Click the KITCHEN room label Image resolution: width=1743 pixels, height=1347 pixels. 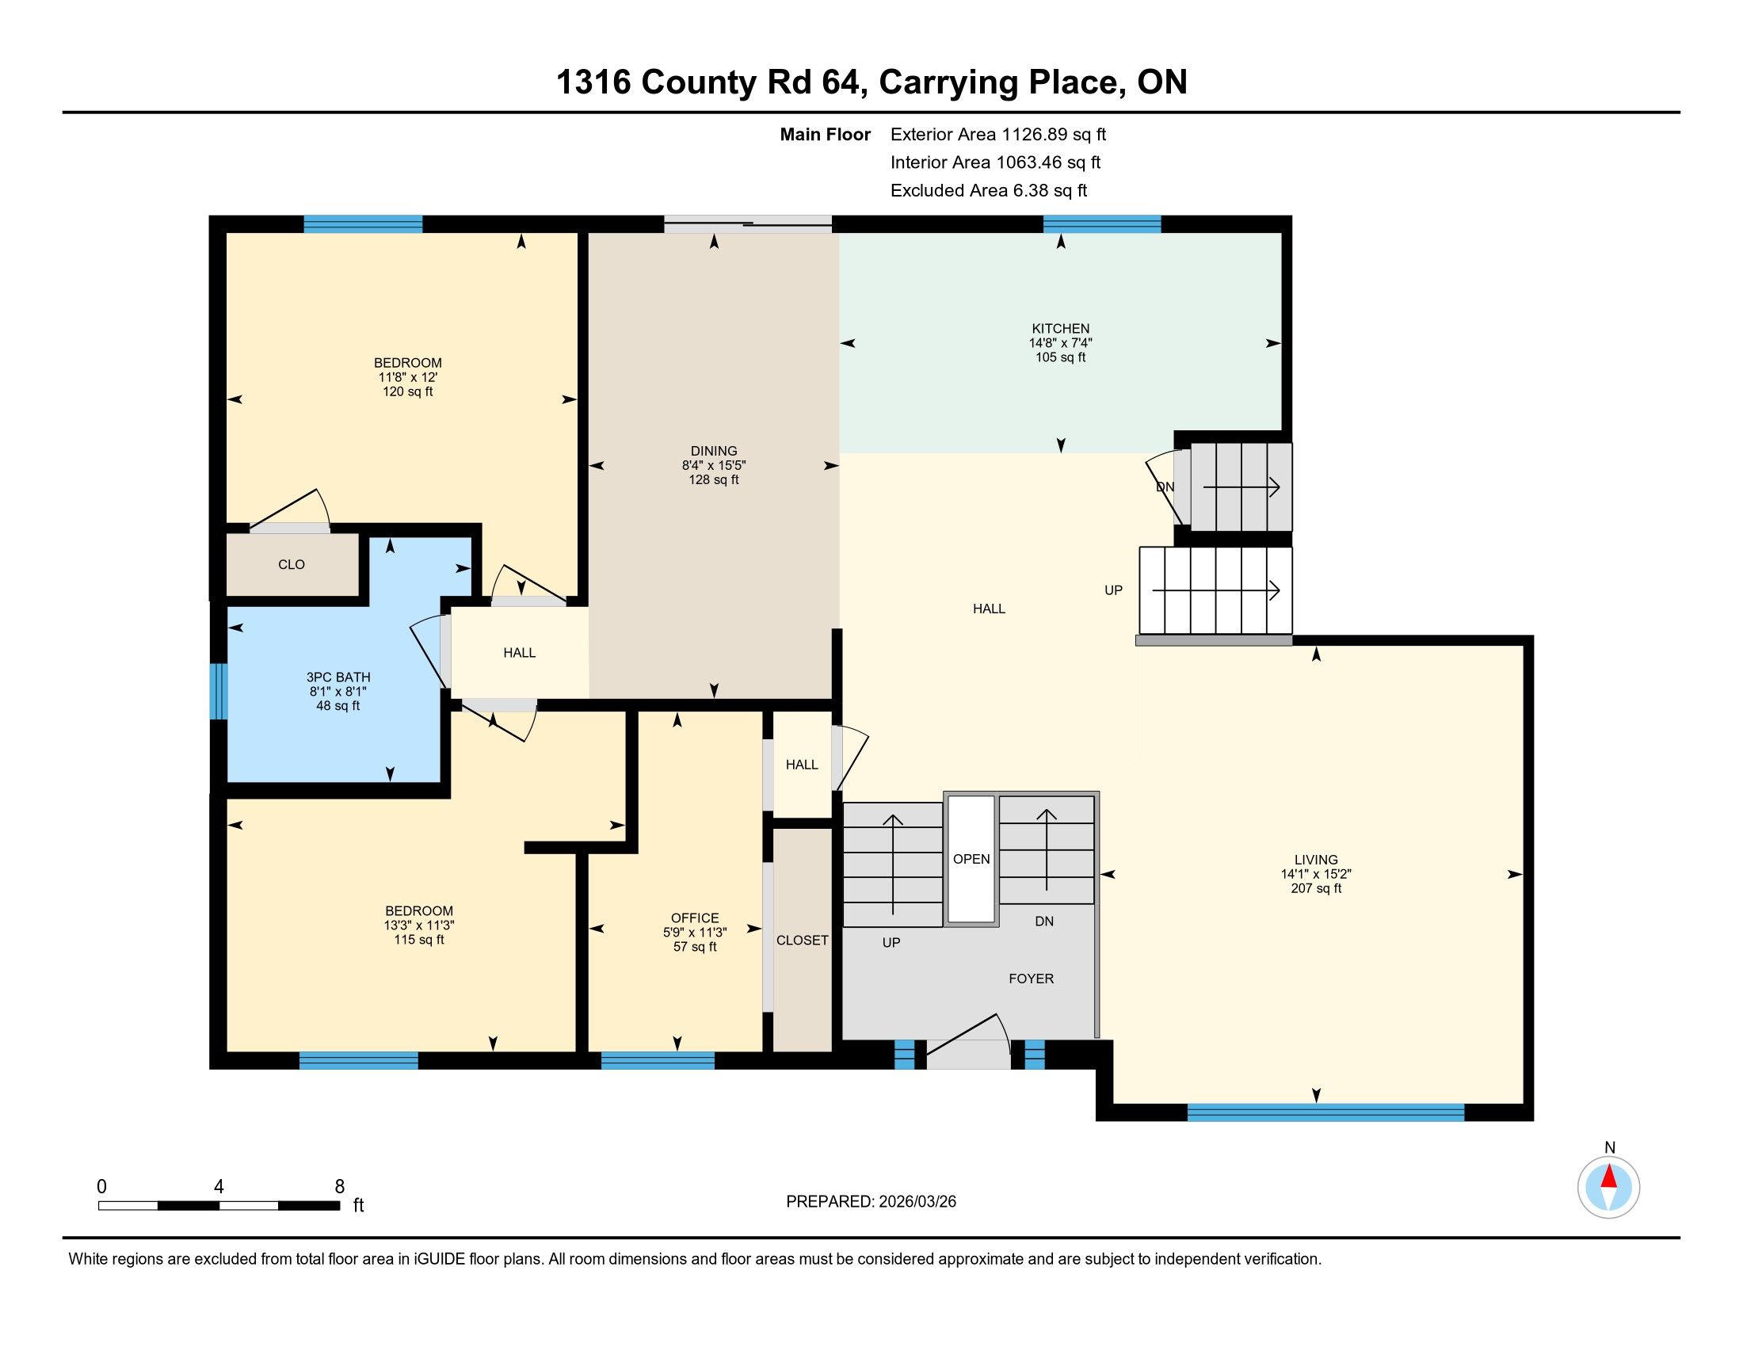1060,329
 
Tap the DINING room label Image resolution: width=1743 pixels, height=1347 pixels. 714,451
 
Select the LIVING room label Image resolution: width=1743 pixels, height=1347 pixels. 1315,860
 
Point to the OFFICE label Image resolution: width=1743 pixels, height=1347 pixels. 694,918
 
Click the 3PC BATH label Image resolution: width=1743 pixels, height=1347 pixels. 338,677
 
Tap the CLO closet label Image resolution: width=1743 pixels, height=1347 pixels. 292,564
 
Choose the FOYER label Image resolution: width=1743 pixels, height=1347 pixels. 1031,979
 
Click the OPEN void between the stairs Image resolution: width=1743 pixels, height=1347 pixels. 971,859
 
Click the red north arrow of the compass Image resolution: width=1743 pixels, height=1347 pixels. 1609,1177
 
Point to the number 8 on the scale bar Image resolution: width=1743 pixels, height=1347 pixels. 339,1187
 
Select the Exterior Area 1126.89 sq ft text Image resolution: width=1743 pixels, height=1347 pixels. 997,134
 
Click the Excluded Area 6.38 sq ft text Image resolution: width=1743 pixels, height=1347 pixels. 989,190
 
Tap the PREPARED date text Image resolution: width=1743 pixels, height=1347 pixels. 871,1202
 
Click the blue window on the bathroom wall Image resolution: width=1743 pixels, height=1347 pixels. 219,691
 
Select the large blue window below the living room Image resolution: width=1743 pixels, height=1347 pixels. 1325,1112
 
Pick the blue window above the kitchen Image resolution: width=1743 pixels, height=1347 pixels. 1101,224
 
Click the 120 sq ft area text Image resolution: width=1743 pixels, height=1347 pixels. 408,391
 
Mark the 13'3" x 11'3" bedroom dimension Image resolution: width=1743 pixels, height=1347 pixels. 419,925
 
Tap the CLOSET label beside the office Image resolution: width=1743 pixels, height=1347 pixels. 802,940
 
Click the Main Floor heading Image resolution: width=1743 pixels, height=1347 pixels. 826,134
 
